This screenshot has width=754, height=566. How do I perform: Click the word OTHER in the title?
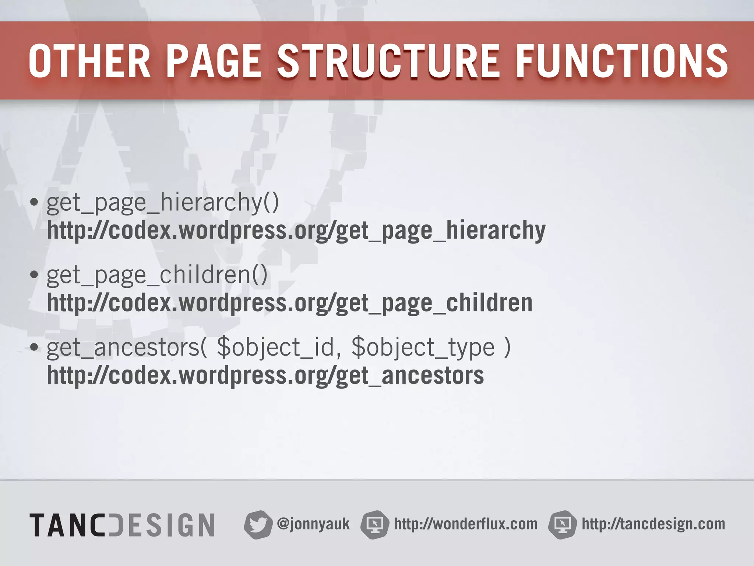[x=89, y=61]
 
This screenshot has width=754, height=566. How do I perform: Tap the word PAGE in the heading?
[x=214, y=61]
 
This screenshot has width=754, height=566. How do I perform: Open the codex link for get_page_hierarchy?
[x=296, y=231]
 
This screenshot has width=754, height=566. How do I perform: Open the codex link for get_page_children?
[x=290, y=303]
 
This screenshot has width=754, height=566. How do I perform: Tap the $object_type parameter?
[x=423, y=347]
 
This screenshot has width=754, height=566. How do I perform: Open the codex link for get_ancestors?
[x=265, y=376]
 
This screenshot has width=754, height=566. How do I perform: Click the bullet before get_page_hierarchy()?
[x=34, y=202]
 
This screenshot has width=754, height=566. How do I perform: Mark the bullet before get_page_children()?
[x=34, y=275]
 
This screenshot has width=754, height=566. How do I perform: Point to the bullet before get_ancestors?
[x=34, y=347]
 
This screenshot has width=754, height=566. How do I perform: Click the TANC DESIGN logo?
[x=122, y=525]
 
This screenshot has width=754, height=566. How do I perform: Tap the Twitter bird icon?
[x=258, y=525]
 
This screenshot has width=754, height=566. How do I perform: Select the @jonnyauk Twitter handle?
[x=313, y=524]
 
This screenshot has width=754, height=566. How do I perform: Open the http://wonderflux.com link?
[x=465, y=524]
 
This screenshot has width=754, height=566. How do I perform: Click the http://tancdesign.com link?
[x=653, y=524]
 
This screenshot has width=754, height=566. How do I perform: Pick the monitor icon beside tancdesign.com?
[x=562, y=525]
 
